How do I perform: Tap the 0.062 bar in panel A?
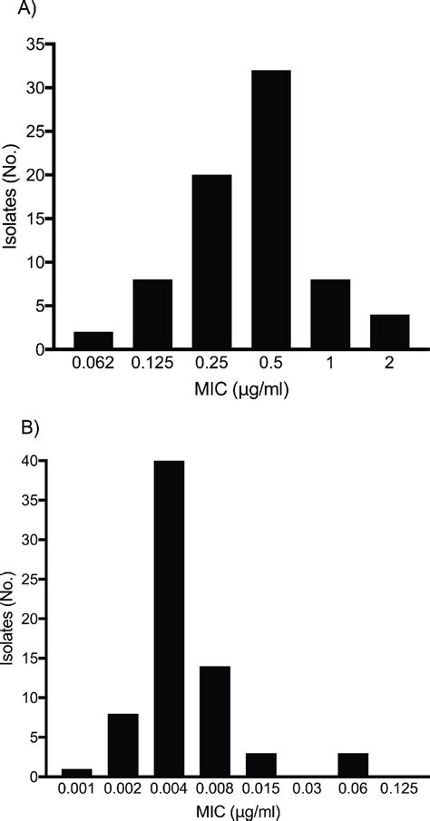coord(94,340)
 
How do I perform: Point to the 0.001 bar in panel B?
coord(77,773)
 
